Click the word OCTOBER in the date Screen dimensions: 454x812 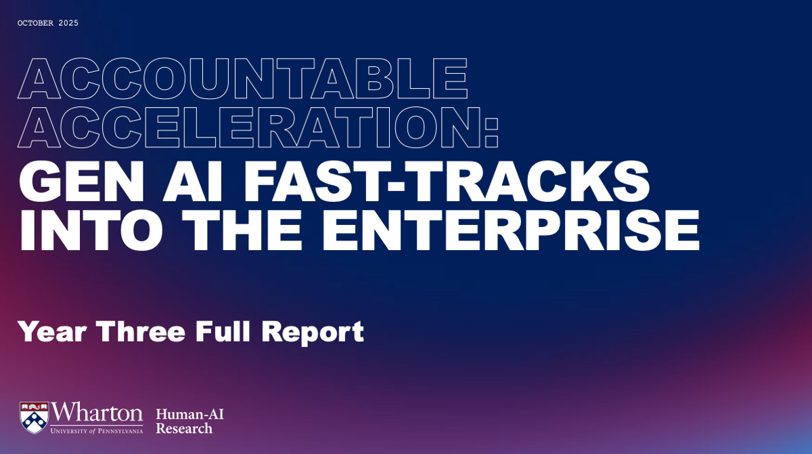pyautogui.click(x=35, y=23)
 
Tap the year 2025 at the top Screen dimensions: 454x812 pyautogui.click(x=68, y=23)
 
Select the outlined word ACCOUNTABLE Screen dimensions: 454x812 pyautogui.click(x=243, y=79)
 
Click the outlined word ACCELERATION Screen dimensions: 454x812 pyautogui.click(x=249, y=128)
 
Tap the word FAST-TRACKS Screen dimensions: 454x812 pyautogui.click(x=446, y=182)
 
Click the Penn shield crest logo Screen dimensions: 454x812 pyautogui.click(x=34, y=417)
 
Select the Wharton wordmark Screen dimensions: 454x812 pyautogui.click(x=97, y=413)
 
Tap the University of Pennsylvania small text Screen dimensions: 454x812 pyautogui.click(x=97, y=430)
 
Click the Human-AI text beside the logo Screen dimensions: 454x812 pyautogui.click(x=189, y=414)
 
